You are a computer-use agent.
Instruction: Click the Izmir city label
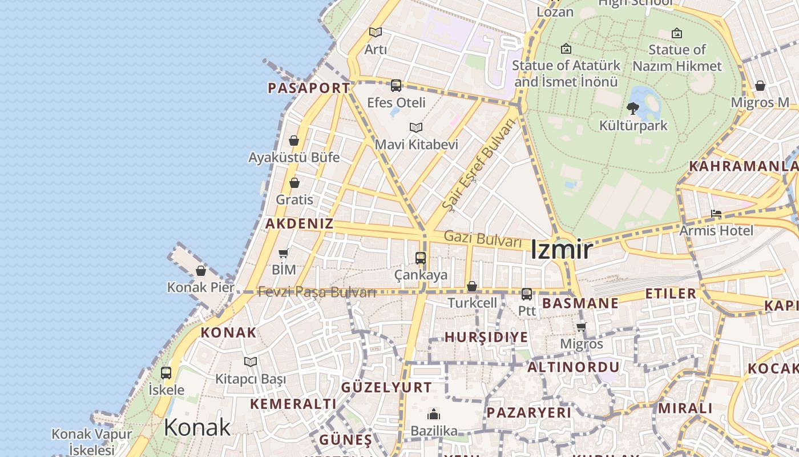(x=562, y=250)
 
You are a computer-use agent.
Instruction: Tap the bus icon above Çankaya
(x=421, y=258)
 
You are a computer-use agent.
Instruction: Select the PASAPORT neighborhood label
(x=309, y=88)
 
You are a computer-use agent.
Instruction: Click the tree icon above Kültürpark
(x=632, y=108)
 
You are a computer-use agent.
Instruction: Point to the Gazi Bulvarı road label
(x=483, y=239)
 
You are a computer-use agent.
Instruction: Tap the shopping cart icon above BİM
(x=284, y=252)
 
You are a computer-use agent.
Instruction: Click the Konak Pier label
(x=200, y=287)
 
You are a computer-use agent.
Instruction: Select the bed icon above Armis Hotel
(x=716, y=214)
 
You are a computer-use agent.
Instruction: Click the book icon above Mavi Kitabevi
(x=416, y=127)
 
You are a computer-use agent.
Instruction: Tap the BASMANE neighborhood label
(x=580, y=303)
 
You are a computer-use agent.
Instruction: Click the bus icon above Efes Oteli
(x=396, y=86)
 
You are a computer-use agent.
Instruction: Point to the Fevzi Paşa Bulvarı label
(x=317, y=292)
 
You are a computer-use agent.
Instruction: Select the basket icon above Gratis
(x=294, y=183)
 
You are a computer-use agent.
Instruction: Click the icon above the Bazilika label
(x=434, y=414)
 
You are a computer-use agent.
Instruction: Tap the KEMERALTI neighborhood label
(x=293, y=404)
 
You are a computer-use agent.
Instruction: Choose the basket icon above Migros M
(x=760, y=86)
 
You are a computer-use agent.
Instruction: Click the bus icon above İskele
(x=166, y=373)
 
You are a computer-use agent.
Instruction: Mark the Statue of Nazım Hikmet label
(x=677, y=58)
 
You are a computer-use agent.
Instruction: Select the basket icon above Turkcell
(x=472, y=286)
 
